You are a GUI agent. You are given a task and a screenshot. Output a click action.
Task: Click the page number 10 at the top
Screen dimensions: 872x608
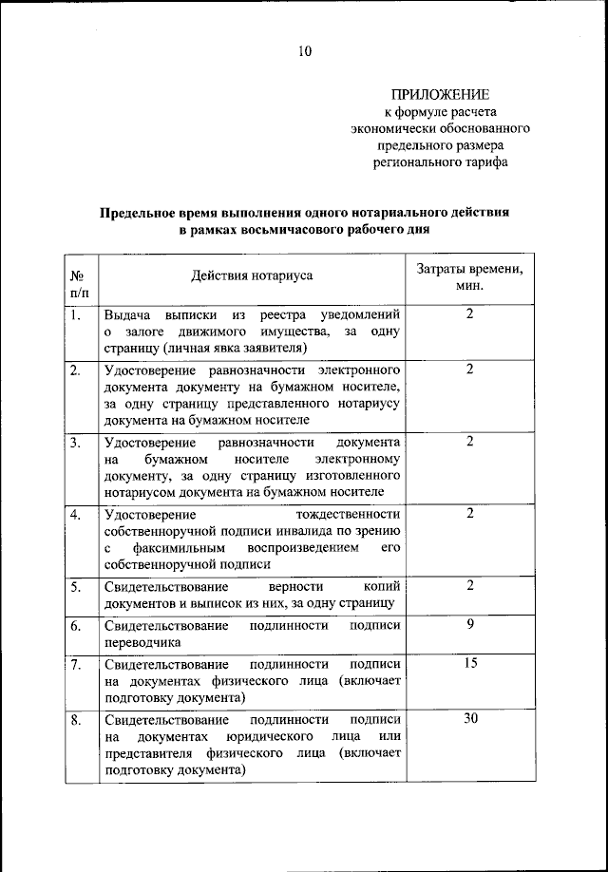[303, 51]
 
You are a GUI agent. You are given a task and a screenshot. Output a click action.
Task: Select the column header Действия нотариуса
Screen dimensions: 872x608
[252, 275]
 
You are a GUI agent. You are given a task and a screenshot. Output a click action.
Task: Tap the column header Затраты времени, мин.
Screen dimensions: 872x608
[469, 276]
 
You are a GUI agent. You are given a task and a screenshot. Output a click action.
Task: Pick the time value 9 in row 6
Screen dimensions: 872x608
[469, 623]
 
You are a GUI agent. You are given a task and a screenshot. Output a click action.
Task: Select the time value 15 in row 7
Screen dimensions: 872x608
[469, 663]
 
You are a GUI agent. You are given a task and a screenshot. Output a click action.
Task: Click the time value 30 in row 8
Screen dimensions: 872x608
[469, 719]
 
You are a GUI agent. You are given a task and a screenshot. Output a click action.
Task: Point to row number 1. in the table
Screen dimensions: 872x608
[75, 313]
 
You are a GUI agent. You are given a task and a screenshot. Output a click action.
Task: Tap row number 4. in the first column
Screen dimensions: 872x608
[75, 514]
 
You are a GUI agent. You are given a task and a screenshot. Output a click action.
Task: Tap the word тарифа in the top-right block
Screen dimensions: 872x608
[481, 162]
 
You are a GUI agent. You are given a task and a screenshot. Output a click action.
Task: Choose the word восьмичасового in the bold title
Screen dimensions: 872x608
[273, 230]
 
